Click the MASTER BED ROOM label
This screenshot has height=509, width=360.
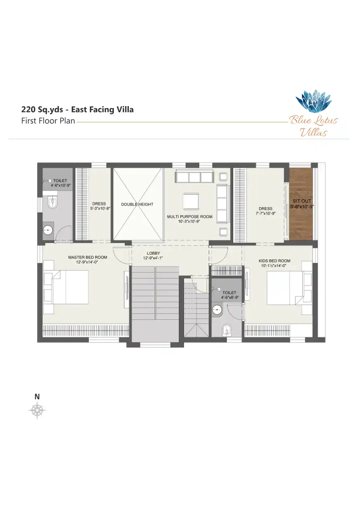tap(88, 257)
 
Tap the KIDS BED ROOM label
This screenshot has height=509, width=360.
tap(274, 261)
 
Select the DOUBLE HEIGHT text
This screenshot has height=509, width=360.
tap(137, 204)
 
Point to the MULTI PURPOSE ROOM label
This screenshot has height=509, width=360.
tap(190, 217)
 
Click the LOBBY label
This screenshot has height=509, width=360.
tap(153, 253)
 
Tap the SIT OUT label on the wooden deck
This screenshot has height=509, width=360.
tap(302, 201)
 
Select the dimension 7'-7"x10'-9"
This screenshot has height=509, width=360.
tap(266, 213)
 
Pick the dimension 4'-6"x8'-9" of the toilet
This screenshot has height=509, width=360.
tap(230, 297)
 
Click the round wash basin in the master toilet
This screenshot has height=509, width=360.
tap(48, 230)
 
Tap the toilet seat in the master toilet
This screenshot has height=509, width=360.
tap(52, 202)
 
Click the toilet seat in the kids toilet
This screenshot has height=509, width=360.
tap(226, 330)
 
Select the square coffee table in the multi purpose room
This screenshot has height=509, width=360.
tap(190, 201)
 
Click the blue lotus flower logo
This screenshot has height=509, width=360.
tap(314, 102)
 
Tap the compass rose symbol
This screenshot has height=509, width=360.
tap(37, 410)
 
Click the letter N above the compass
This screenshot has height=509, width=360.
tap(37, 397)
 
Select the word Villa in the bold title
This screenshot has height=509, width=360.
tap(125, 110)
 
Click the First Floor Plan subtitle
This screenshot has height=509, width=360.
tap(48, 121)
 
